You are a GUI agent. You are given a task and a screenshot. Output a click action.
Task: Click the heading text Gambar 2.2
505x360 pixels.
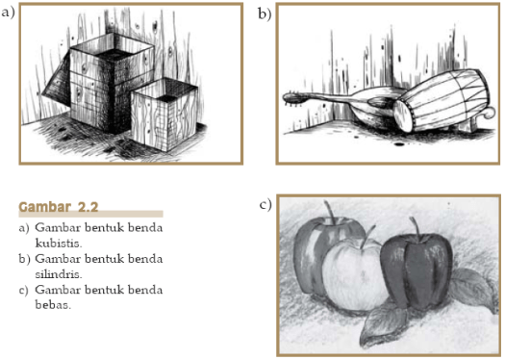pyautogui.click(x=59, y=207)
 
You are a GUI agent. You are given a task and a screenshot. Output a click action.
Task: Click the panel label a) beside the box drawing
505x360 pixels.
pyautogui.click(x=9, y=12)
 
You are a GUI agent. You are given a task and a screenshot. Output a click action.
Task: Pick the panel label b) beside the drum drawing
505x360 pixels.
pyautogui.click(x=264, y=13)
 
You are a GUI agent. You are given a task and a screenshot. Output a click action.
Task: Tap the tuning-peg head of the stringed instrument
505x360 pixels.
pyautogui.click(x=294, y=98)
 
